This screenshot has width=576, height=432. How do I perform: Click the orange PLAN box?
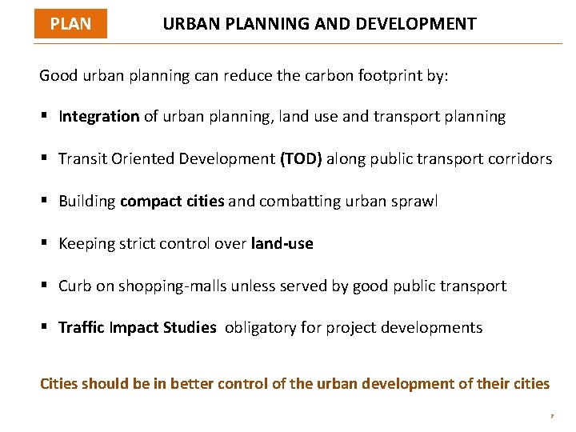point(70,24)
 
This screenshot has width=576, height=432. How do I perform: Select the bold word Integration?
point(99,117)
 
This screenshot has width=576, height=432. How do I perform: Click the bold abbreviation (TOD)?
point(301,158)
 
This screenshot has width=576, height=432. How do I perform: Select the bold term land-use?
point(282,243)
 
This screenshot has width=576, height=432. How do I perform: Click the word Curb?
point(75,286)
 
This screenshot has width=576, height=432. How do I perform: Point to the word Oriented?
point(142,158)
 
